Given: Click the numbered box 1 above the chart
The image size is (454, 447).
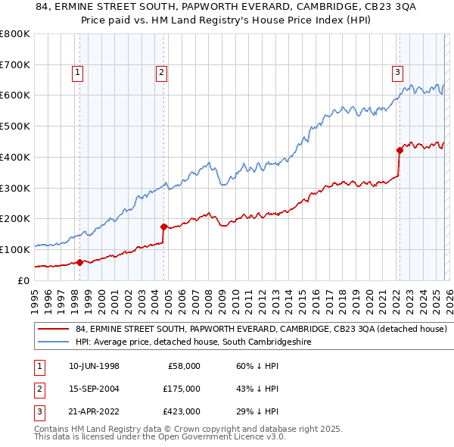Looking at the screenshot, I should click(x=79, y=73).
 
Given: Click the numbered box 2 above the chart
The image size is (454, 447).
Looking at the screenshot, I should click(x=162, y=73).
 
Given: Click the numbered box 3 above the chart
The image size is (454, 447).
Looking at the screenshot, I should click(x=397, y=73).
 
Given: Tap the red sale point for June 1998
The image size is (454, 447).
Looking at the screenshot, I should click(x=80, y=262).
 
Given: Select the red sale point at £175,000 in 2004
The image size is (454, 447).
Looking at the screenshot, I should click(x=163, y=226).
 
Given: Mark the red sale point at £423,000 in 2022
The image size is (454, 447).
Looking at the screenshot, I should click(x=400, y=150).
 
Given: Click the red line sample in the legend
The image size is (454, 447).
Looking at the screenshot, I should click(x=54, y=330).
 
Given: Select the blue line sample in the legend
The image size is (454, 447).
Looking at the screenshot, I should click(x=54, y=342).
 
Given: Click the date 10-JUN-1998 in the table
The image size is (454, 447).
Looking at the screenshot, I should click(x=93, y=366).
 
